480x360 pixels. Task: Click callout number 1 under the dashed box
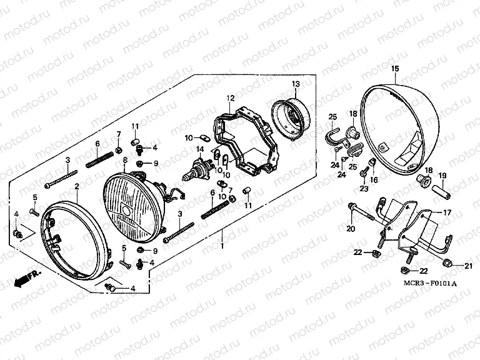[x=222, y=247]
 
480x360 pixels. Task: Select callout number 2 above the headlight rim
[x=76, y=186]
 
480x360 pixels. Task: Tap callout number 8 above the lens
[x=125, y=161]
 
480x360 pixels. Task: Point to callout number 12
[x=230, y=98]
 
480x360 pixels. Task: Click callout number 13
[x=296, y=84]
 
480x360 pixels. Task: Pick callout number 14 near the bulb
[x=200, y=149]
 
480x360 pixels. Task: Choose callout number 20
[x=350, y=229]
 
